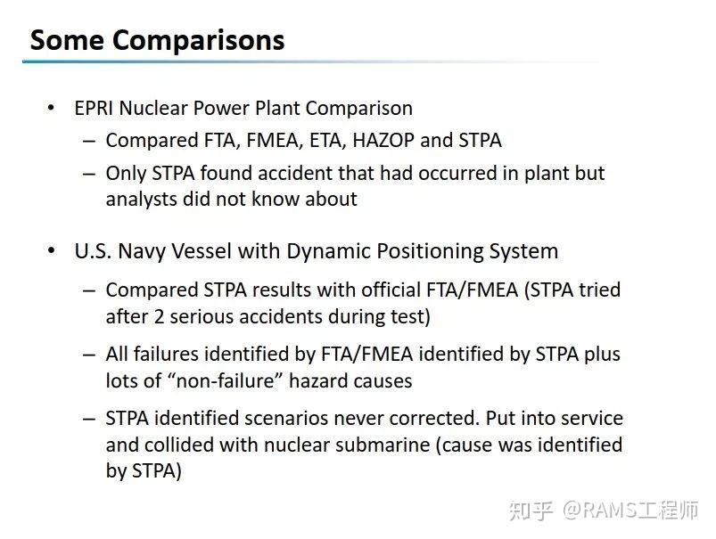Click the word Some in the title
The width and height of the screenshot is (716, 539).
click(x=67, y=40)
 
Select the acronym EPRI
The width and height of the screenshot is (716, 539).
click(x=94, y=109)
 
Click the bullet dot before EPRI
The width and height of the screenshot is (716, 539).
click(x=51, y=109)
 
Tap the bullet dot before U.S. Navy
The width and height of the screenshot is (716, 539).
click(x=51, y=251)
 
